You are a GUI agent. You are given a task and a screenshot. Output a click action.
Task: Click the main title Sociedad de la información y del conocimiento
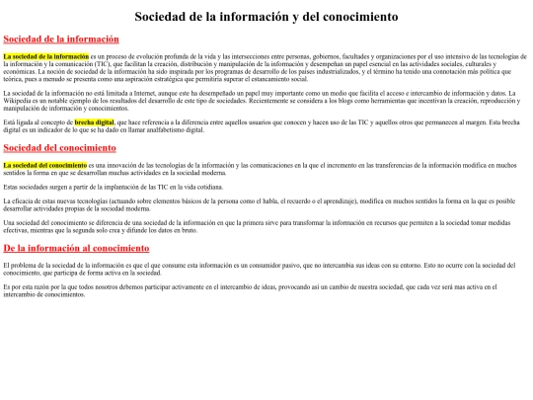click(x=266, y=17)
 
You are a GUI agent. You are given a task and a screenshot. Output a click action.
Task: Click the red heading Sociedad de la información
click(x=60, y=39)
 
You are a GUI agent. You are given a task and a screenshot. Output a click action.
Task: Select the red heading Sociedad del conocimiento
click(x=60, y=147)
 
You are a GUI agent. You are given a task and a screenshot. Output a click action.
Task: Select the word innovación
click(x=124, y=165)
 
